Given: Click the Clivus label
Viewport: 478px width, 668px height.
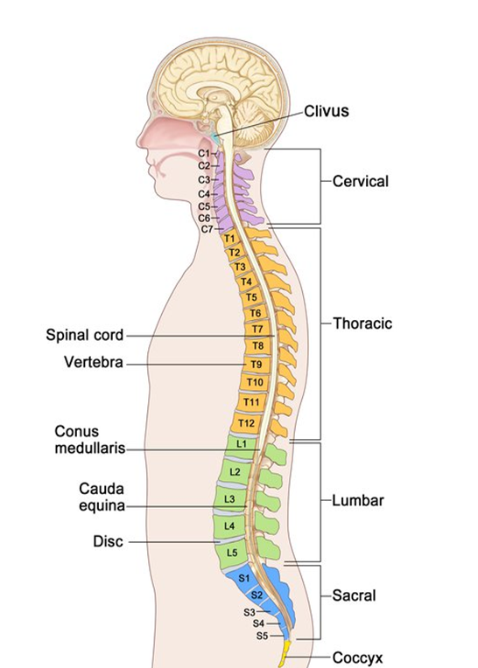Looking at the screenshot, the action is coord(327,111).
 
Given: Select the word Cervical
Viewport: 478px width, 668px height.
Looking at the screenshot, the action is coord(361,181).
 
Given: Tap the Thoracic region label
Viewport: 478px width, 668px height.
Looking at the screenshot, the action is coord(362,324).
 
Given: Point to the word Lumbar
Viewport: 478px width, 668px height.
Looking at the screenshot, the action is coord(358,500).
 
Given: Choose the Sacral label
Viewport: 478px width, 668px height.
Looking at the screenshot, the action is coord(355,595).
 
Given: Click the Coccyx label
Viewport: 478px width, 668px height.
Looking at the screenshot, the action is coord(357,658).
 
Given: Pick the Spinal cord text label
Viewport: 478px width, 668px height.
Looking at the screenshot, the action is coord(85,335).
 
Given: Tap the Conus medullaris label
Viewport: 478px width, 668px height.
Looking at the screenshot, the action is coord(90,440).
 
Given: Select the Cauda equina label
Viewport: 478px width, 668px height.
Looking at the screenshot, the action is coord(102,498).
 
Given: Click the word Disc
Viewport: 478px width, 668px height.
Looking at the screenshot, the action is coord(108,541).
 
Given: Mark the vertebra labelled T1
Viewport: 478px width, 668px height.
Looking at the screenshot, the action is coord(229,238).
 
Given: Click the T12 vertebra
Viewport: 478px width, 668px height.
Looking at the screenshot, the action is coord(246,423).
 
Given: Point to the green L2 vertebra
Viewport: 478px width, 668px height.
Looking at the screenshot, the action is coord(235,471).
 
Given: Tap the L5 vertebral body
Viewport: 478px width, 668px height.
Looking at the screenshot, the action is coord(231,553).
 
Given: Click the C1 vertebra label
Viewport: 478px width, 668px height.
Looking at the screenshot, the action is coord(204,153).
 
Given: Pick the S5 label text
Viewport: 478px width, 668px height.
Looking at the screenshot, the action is coord(263,636).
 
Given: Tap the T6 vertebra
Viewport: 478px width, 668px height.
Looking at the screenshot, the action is coord(256,313).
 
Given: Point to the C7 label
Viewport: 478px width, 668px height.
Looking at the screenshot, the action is coord(207,229).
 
